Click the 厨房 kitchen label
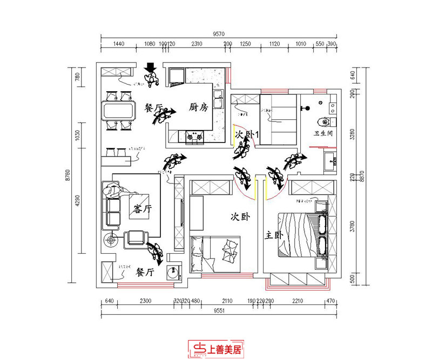pyautogui.click(x=198, y=107)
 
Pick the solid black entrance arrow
pyautogui.click(x=151, y=68)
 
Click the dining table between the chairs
pyautogui.click(x=118, y=111)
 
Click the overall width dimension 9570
pyautogui.click(x=218, y=33)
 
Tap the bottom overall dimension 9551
pyautogui.click(x=218, y=311)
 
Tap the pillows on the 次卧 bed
pyautogui.click(x=230, y=246)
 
